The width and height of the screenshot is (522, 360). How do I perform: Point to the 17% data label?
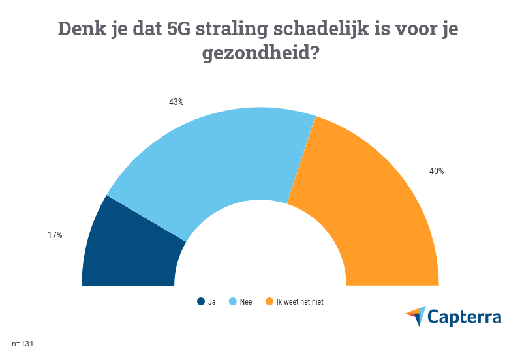(x=55, y=235)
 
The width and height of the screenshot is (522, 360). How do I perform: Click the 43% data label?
(x=176, y=102)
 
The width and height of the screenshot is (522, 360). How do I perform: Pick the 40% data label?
(x=437, y=172)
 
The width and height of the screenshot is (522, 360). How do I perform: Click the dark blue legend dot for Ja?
(x=201, y=301)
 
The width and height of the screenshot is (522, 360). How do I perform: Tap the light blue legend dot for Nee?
(x=233, y=301)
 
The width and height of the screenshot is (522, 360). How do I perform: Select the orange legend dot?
(x=269, y=301)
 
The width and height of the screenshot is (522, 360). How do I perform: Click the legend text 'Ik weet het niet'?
(x=299, y=301)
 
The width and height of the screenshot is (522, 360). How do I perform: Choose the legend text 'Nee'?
(x=246, y=301)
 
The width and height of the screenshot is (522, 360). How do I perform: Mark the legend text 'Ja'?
(x=211, y=301)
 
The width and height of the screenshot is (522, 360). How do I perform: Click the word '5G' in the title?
(x=185, y=29)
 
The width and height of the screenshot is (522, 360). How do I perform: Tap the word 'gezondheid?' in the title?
(x=260, y=53)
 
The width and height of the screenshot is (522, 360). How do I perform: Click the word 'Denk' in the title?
(x=80, y=29)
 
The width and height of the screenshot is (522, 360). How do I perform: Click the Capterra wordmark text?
(x=465, y=317)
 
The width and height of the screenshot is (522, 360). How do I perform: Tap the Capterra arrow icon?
(x=416, y=316)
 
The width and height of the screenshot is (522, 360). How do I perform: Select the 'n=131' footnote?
(x=22, y=343)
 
